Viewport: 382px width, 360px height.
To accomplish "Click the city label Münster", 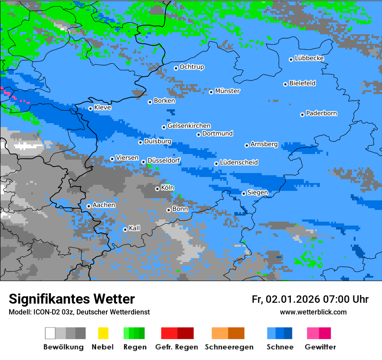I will tap(227, 91).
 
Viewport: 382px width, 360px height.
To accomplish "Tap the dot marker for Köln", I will tap(157, 189).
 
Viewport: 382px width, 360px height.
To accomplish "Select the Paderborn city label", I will tap(321, 114).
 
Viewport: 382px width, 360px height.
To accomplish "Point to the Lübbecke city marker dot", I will tap(291, 59).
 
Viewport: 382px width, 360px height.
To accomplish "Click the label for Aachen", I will tap(104, 205).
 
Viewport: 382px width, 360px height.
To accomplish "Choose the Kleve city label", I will tap(102, 108).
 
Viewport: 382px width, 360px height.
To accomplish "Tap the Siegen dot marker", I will tap(244, 193).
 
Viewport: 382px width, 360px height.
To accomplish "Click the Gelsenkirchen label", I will tap(189, 126).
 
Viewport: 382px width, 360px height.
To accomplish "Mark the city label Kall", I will tap(135, 228).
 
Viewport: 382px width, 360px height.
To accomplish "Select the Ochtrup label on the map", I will tap(191, 67).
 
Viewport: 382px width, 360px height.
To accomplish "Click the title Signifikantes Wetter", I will tap(72, 299).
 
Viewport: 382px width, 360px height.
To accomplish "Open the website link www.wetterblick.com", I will tap(313, 312).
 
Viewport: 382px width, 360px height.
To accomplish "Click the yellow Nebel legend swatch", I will tap(103, 333).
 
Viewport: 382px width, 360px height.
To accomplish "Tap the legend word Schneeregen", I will tap(229, 347).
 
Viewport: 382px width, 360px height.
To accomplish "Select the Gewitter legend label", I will tap(320, 347).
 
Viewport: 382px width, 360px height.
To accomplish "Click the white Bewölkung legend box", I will tap(50, 333).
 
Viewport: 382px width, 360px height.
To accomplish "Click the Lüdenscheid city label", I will tap(239, 163).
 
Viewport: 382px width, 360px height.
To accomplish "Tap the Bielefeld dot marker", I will tap(286, 84).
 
